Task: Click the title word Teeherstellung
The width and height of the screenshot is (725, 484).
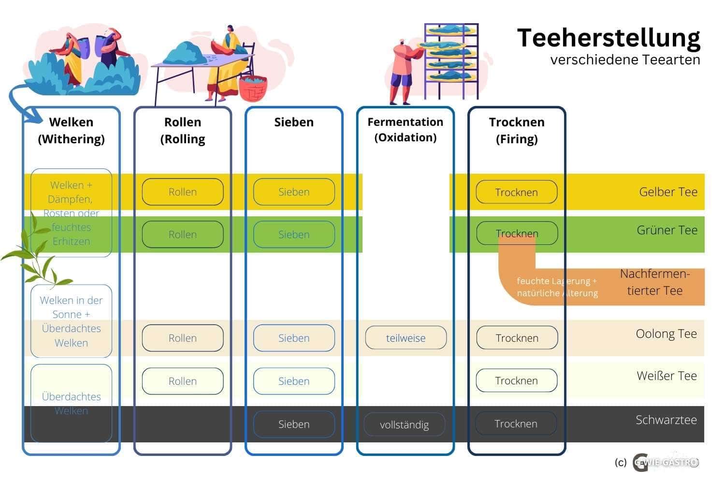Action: pyautogui.click(x=609, y=38)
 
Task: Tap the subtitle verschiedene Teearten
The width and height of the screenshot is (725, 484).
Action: pyautogui.click(x=625, y=60)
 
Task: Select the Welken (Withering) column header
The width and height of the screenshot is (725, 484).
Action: pyautogui.click(x=71, y=130)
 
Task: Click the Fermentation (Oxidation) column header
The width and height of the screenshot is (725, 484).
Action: pyautogui.click(x=405, y=129)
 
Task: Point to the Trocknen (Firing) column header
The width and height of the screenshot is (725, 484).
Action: pyautogui.click(x=517, y=130)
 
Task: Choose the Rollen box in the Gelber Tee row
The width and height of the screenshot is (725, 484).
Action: pyautogui.click(x=183, y=192)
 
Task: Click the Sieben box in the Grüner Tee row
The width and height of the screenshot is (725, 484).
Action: pyautogui.click(x=294, y=234)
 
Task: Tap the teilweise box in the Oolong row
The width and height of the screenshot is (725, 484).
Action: pyautogui.click(x=406, y=338)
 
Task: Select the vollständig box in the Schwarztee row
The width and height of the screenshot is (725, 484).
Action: pyautogui.click(x=405, y=424)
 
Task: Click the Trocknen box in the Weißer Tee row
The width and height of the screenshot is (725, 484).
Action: pyautogui.click(x=516, y=381)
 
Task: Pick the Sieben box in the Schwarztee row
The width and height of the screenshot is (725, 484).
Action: pyautogui.click(x=294, y=424)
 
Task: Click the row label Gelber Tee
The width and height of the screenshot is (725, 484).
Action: pyautogui.click(x=668, y=192)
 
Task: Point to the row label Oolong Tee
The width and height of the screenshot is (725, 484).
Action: pyautogui.click(x=666, y=334)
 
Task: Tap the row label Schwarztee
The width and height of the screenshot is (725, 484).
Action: pyautogui.click(x=666, y=420)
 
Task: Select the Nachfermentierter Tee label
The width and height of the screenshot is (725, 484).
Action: pyautogui.click(x=654, y=282)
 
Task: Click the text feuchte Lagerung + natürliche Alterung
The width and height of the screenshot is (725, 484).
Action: pyautogui.click(x=557, y=287)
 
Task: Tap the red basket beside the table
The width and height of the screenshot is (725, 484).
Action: pyautogui.click(x=253, y=88)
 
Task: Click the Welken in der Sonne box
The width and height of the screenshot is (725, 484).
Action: pyautogui.click(x=71, y=321)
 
